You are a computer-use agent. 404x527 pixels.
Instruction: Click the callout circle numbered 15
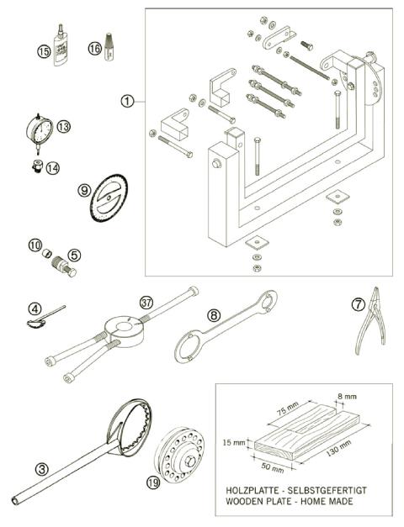tap(45, 50)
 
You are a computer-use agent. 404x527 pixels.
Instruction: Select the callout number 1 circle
tap(126, 102)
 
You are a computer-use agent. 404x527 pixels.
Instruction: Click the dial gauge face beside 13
tap(39, 131)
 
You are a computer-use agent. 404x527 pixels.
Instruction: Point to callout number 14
tap(53, 167)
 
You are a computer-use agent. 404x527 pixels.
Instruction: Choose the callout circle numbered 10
tap(35, 245)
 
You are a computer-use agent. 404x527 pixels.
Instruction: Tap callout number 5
tap(74, 254)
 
